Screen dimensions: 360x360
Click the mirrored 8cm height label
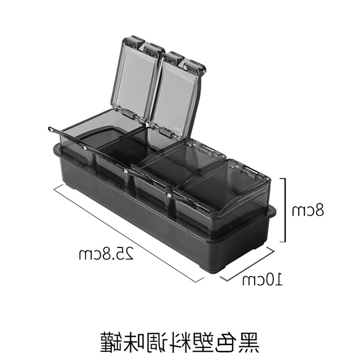[307, 210]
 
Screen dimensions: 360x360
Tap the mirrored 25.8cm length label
[107, 255]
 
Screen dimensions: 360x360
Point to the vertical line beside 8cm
[284, 210]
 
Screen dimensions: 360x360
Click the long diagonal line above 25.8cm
[126, 233]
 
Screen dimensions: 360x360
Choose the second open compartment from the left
[121, 151]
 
